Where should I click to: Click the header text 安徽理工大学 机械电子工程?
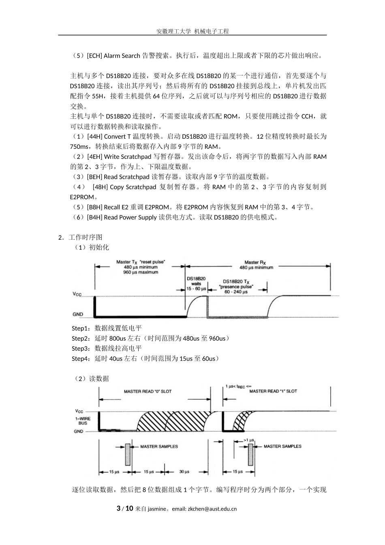coord(192,31)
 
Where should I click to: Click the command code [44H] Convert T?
coord(109,137)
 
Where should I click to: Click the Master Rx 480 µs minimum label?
coord(256,265)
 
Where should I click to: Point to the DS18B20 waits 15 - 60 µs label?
coord(196,283)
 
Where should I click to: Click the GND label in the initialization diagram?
coord(78,314)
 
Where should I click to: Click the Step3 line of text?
coord(107,348)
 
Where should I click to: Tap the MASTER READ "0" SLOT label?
coord(148,391)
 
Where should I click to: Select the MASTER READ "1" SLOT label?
coord(273,391)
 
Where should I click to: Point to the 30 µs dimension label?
coord(184,472)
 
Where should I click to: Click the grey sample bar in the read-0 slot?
coord(128,451)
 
